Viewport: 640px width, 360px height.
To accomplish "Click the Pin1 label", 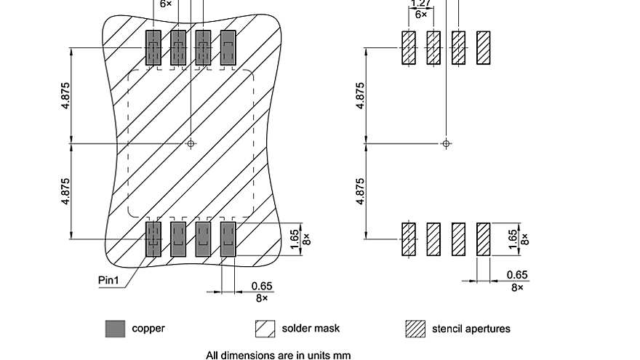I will pyautogui.click(x=109, y=279).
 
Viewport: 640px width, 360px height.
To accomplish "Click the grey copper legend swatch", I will pyautogui.click(x=115, y=329).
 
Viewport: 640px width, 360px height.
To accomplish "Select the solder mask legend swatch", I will pyautogui.click(x=265, y=329).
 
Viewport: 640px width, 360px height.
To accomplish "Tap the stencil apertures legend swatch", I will pyautogui.click(x=415, y=329).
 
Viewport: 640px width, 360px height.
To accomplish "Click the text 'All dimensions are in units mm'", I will pyautogui.click(x=279, y=356).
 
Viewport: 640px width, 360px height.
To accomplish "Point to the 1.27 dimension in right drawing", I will pyautogui.click(x=421, y=4).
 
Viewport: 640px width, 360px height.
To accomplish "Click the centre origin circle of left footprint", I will pyautogui.click(x=191, y=143).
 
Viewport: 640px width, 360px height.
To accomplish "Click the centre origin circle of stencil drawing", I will pyautogui.click(x=447, y=143).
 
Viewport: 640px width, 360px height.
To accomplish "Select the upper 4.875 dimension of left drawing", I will pyautogui.click(x=66, y=95).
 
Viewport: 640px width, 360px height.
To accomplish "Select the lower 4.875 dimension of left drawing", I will pyautogui.click(x=66, y=191).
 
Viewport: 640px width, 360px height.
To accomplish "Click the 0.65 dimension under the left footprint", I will pyautogui.click(x=262, y=286).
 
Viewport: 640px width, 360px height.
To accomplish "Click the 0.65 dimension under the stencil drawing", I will pyautogui.click(x=517, y=275).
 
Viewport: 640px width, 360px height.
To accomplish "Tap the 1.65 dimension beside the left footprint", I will pyautogui.click(x=295, y=239).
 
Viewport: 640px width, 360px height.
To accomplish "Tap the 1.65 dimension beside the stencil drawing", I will pyautogui.click(x=513, y=239).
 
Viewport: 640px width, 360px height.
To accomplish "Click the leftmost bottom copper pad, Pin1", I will pyautogui.click(x=153, y=239).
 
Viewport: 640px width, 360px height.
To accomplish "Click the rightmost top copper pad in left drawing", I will pyautogui.click(x=228, y=48).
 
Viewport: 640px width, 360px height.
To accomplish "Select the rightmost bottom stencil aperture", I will pyautogui.click(x=483, y=239).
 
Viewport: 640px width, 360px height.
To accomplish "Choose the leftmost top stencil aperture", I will pyautogui.click(x=409, y=48).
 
